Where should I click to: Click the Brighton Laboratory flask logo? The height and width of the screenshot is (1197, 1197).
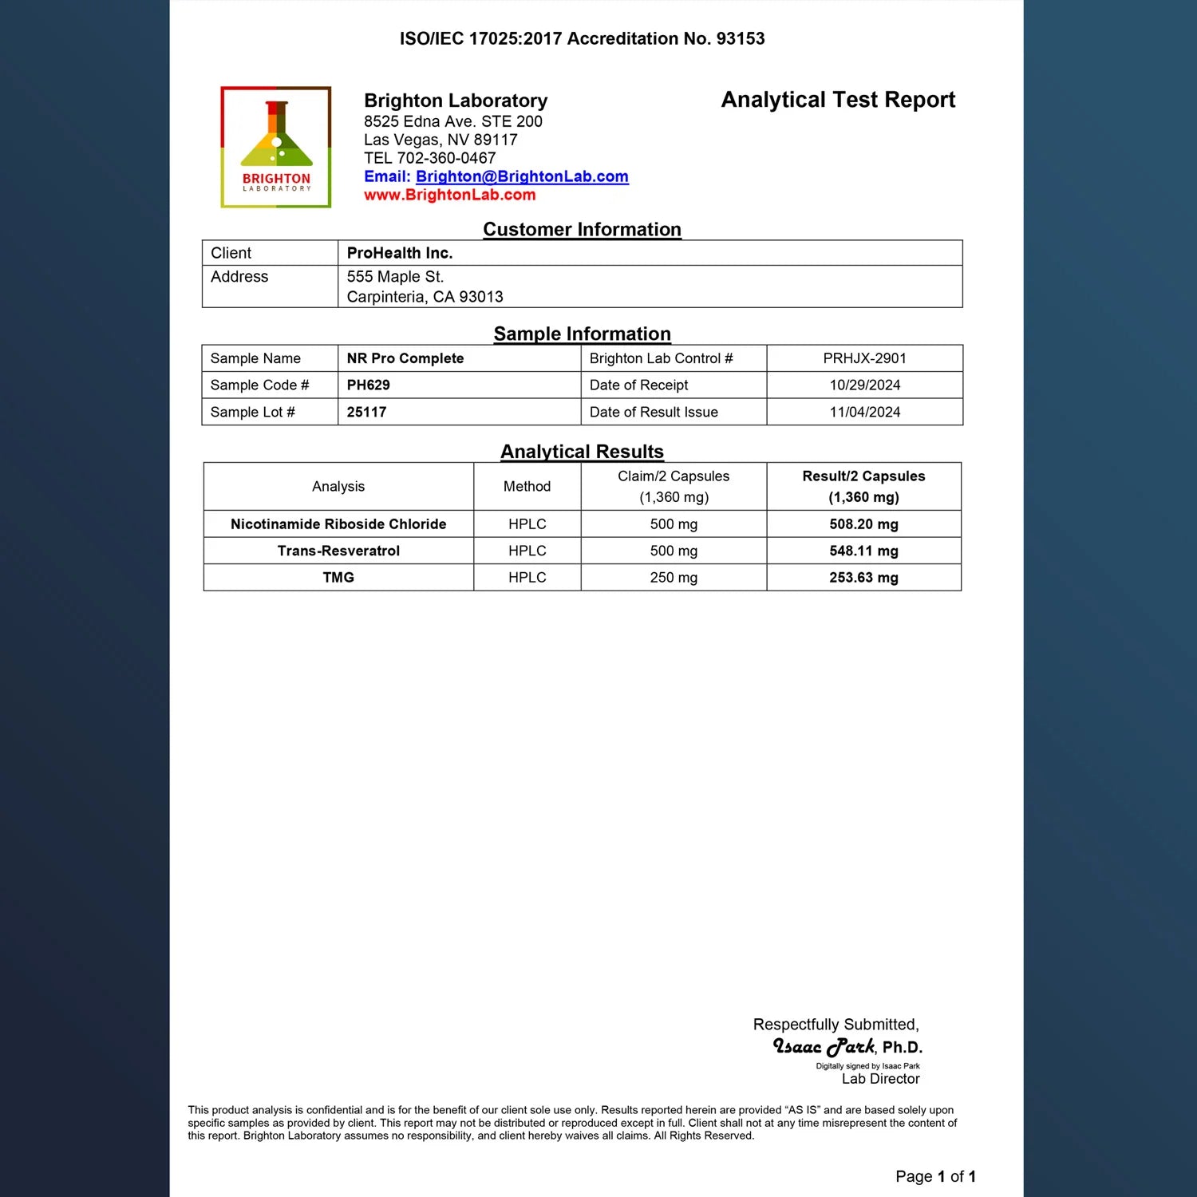(x=276, y=147)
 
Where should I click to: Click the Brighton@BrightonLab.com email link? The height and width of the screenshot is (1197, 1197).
(x=522, y=176)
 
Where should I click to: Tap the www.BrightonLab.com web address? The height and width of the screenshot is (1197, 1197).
(x=449, y=195)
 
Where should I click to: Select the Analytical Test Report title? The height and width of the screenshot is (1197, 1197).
(x=838, y=100)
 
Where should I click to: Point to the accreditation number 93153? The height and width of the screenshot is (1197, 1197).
(x=740, y=38)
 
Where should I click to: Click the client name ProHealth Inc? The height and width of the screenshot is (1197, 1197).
(x=399, y=253)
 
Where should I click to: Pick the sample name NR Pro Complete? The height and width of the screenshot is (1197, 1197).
(x=405, y=358)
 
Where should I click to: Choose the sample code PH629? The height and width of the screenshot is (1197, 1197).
(x=368, y=385)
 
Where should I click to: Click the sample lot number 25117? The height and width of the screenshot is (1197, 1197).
(x=366, y=412)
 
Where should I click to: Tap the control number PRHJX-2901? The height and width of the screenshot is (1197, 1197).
(x=864, y=358)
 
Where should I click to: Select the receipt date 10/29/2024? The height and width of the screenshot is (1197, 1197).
(x=864, y=385)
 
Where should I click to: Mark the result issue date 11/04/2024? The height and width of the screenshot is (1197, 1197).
(x=864, y=412)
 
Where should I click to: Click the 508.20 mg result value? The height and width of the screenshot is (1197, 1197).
(x=863, y=524)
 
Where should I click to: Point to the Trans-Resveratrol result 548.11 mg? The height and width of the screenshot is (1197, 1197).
(x=863, y=551)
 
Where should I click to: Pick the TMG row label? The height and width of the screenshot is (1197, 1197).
(x=338, y=577)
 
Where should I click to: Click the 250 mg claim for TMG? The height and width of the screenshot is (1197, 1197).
(x=674, y=577)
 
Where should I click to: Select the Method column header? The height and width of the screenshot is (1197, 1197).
(x=527, y=486)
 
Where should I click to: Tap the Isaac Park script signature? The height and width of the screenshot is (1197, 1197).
(x=824, y=1046)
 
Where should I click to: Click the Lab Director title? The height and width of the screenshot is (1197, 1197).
(x=880, y=1079)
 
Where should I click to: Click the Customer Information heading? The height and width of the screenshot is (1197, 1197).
(x=582, y=229)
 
